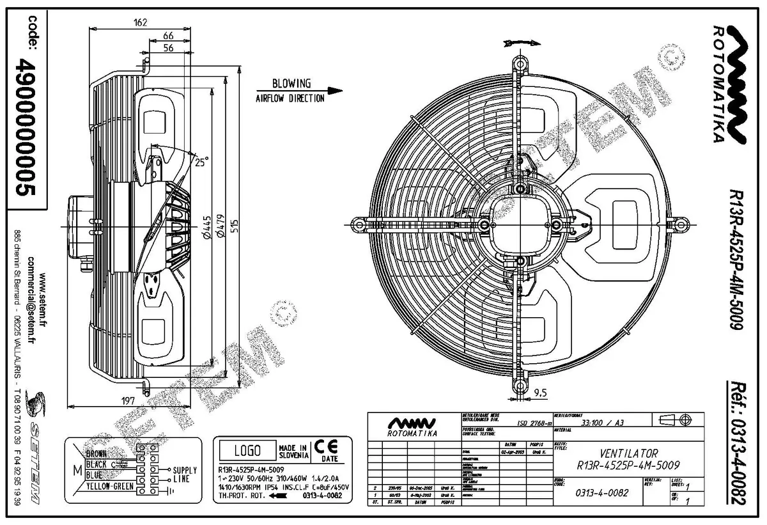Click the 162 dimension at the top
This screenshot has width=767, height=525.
pos(141,22)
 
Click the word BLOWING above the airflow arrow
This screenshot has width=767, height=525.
pos(291,84)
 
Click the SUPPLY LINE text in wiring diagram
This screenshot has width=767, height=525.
pos(185,474)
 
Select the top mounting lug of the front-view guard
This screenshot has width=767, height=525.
pos(519,65)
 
